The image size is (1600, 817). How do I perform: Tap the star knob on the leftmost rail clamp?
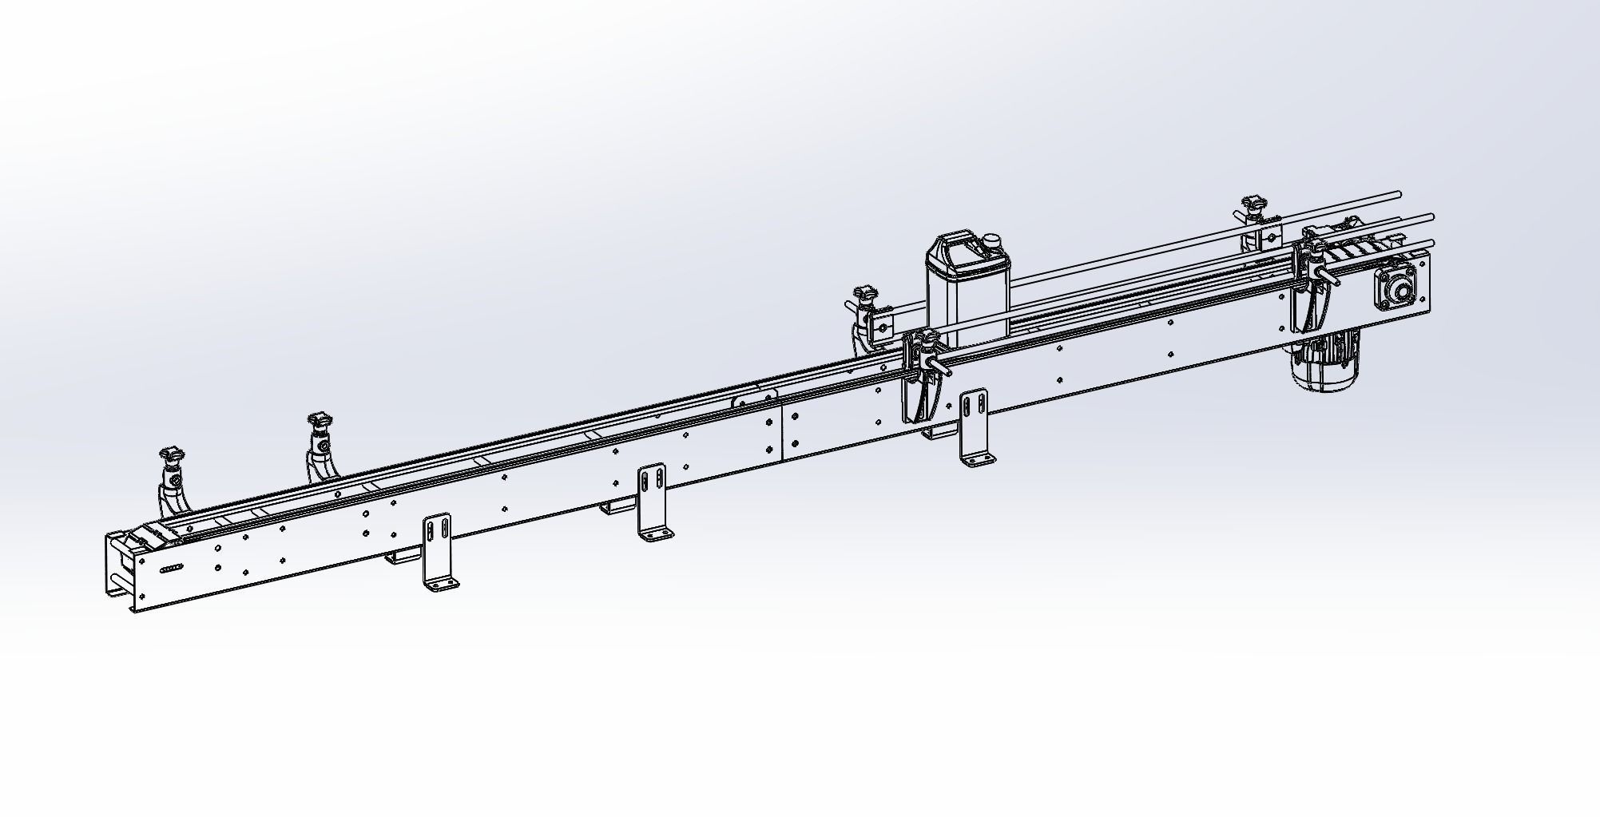coord(173,455)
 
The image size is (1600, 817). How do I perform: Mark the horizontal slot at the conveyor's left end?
coord(173,569)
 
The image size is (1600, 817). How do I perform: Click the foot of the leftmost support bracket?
coord(441,586)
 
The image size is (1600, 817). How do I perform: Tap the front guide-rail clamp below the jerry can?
coord(923,375)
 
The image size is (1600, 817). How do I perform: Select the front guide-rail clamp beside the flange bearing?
coord(1313,284)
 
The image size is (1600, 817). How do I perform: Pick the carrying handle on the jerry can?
coord(955,240)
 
